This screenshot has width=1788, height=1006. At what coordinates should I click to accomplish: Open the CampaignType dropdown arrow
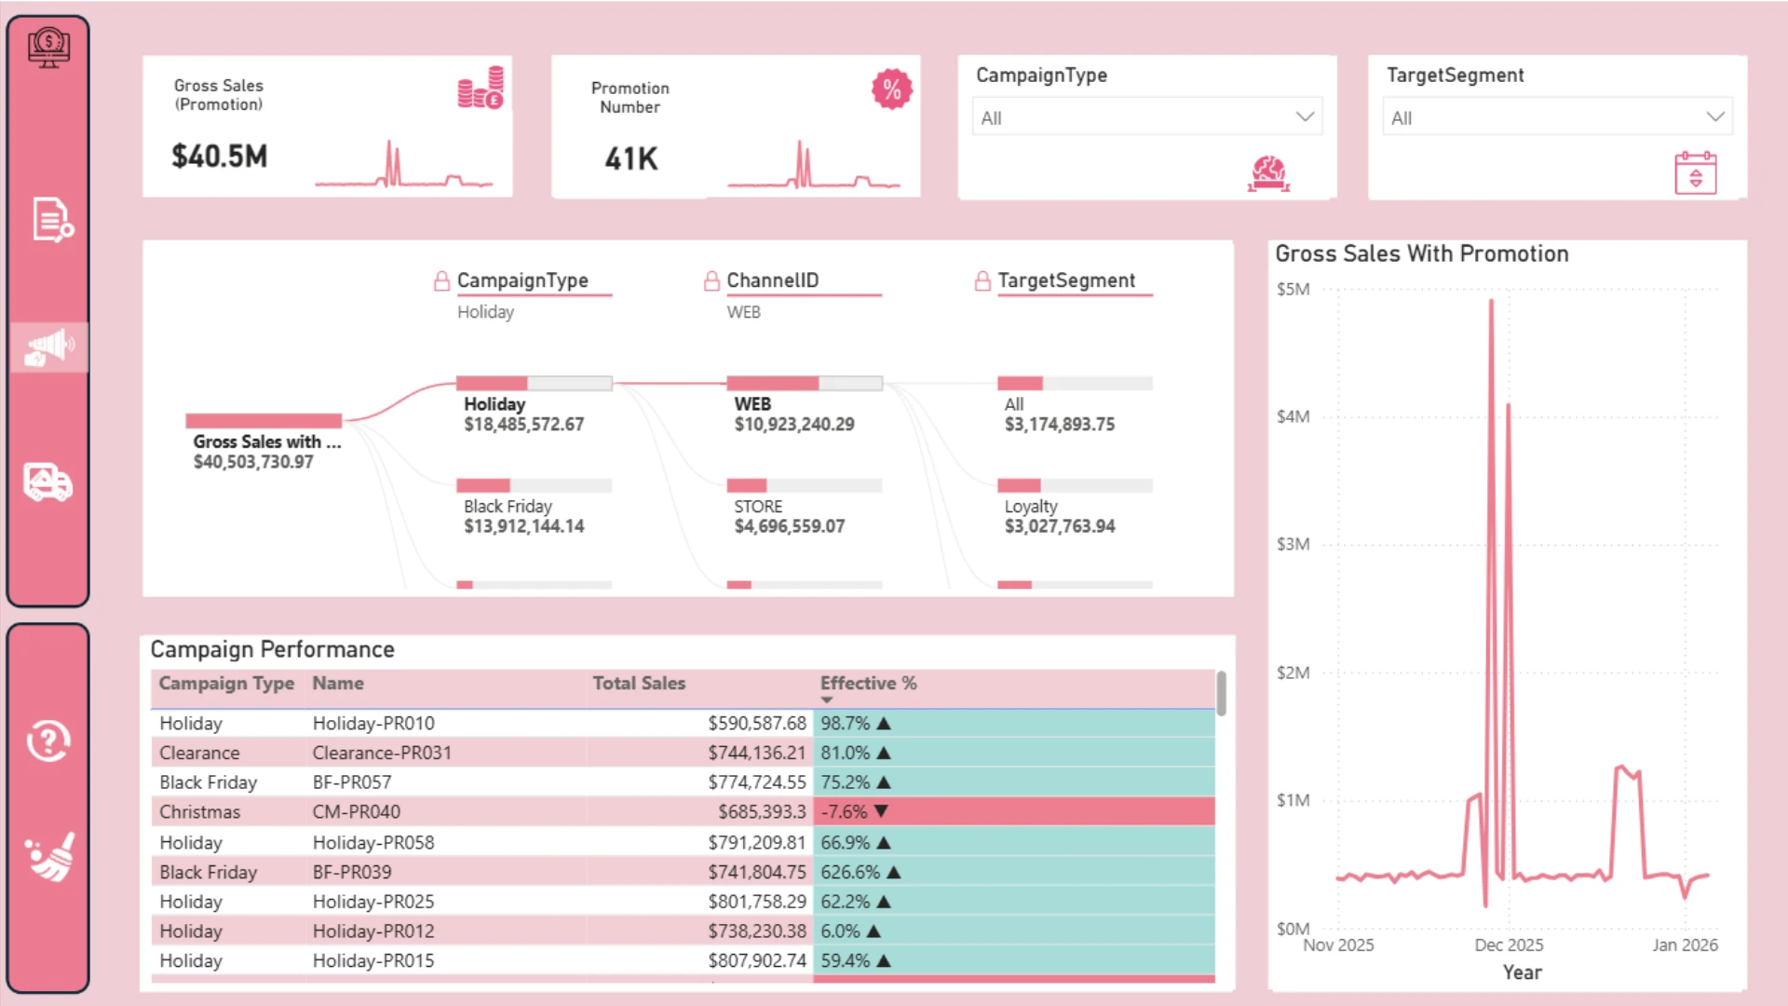1305,116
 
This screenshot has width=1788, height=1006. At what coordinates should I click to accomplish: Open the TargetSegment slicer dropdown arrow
1715,116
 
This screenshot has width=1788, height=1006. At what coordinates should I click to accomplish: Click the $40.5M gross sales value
219,156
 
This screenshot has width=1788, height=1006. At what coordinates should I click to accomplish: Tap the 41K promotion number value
631,158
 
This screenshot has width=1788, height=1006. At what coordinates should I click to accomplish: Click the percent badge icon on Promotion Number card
891,89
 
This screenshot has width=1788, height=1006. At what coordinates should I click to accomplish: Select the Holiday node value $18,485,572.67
523,425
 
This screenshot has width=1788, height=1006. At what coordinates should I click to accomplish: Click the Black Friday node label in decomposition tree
508,506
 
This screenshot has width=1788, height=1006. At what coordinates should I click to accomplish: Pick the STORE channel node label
758,506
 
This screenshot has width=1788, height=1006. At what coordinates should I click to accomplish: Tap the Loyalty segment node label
1031,507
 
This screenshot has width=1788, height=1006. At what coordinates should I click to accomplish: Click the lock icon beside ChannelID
711,280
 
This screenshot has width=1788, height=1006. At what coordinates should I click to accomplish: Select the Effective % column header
868,683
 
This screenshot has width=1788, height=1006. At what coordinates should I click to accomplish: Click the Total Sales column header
639,683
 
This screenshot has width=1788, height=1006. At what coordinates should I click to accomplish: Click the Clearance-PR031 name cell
382,753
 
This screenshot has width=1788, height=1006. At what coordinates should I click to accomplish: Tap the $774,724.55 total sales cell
757,782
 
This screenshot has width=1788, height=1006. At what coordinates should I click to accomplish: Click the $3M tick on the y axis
1293,544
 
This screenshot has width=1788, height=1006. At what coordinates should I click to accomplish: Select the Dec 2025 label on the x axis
1509,945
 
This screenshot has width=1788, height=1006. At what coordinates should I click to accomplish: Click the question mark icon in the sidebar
48,741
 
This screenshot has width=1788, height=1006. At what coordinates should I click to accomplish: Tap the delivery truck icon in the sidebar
48,483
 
